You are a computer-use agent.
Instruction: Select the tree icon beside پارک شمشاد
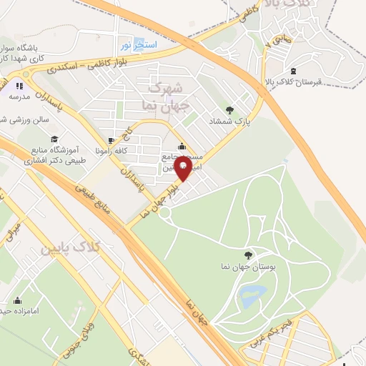click(229, 110)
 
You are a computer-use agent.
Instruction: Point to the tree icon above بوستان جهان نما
click(248, 254)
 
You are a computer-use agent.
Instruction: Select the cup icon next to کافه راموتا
click(111, 140)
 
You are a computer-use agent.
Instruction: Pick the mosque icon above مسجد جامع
click(182, 147)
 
